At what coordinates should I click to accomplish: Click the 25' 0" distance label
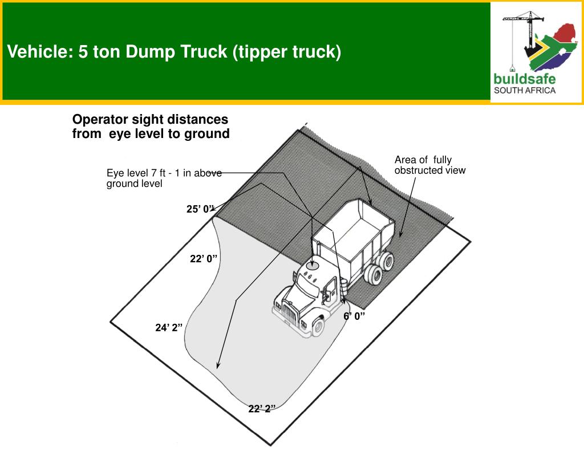201,209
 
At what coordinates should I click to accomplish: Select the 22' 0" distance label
204,258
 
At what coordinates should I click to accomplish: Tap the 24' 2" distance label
169,327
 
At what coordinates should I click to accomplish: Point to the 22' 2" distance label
262,409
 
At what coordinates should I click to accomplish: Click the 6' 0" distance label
354,316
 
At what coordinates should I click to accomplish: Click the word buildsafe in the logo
525,79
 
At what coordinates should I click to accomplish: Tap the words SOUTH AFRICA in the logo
525,90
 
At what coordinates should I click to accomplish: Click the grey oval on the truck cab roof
312,266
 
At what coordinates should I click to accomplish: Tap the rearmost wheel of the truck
388,261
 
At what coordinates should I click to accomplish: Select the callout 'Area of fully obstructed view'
430,165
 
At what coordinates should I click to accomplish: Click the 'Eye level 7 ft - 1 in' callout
164,178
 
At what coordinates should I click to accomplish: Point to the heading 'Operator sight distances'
150,119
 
